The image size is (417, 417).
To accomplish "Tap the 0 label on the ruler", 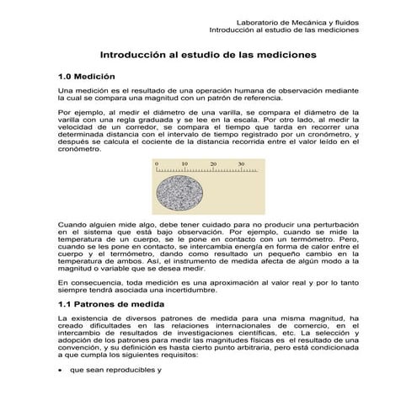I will coord(156,163).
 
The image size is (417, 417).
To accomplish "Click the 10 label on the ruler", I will coord(184,163).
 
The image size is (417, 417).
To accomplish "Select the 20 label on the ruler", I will coord(213,163).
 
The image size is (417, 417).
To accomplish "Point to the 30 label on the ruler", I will coord(241,163).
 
